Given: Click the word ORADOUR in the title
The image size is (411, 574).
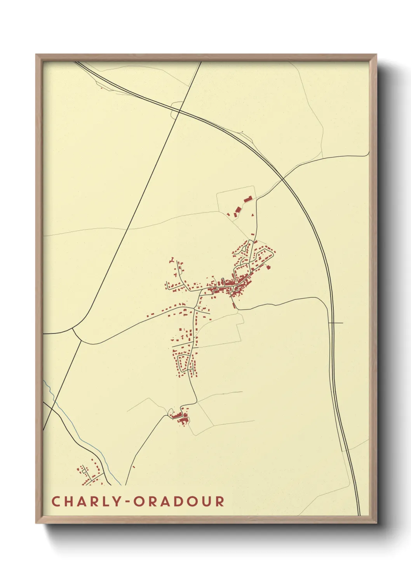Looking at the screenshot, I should [x=179, y=501].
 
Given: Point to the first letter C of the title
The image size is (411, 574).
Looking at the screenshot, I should [x=56, y=501].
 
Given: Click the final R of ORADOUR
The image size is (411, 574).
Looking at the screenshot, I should [x=220, y=501].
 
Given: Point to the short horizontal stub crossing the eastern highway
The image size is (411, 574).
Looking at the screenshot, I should [x=336, y=323].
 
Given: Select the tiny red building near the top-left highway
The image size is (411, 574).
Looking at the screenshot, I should [x=102, y=88].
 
